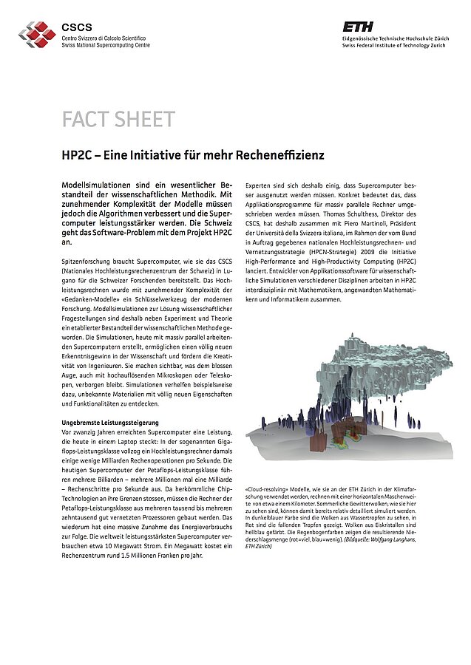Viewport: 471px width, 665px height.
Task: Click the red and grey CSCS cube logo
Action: (37, 32)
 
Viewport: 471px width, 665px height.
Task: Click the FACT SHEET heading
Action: (118, 120)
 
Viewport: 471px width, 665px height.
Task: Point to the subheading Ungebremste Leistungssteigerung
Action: (109, 422)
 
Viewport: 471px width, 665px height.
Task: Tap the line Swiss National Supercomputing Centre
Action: (106, 45)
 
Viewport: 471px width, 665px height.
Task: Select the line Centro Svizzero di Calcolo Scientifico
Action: (104, 38)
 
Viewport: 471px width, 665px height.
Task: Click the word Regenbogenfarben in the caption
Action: (342, 531)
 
